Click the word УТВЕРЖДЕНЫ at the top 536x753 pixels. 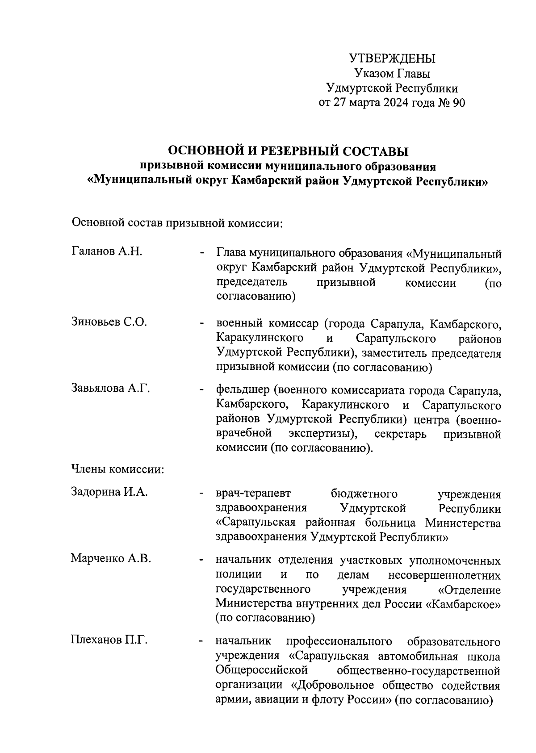(392, 59)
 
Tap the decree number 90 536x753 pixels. (459, 103)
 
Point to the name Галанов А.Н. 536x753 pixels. (107, 251)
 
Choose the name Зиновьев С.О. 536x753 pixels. (109, 322)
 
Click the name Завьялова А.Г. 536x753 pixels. (110, 388)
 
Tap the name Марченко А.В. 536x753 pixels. (111, 558)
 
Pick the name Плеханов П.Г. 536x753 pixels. (109, 640)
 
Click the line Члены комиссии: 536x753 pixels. (117, 469)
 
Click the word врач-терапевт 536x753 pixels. (253, 494)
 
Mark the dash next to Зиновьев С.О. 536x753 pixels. (202, 323)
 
